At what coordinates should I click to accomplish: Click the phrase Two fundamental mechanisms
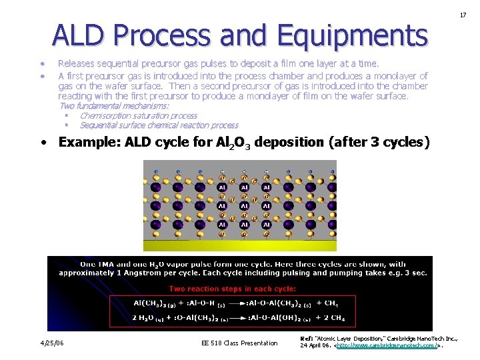pos(114,106)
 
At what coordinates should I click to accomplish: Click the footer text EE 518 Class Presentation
pos(239,343)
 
